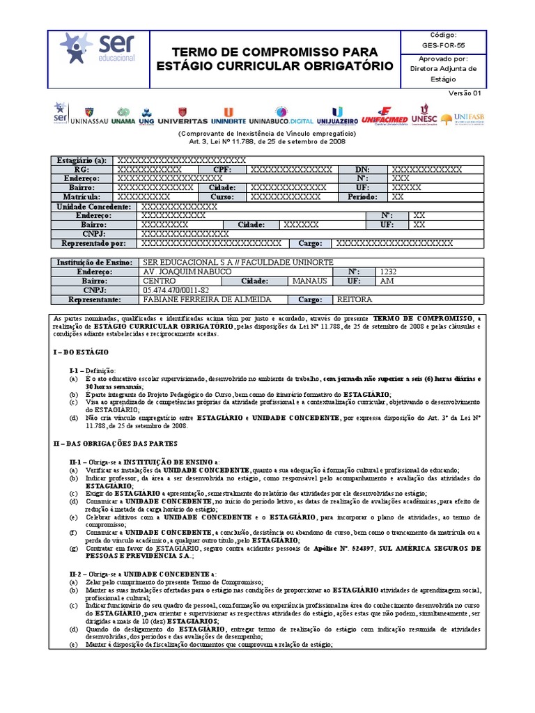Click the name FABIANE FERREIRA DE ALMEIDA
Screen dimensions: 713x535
(197, 299)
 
